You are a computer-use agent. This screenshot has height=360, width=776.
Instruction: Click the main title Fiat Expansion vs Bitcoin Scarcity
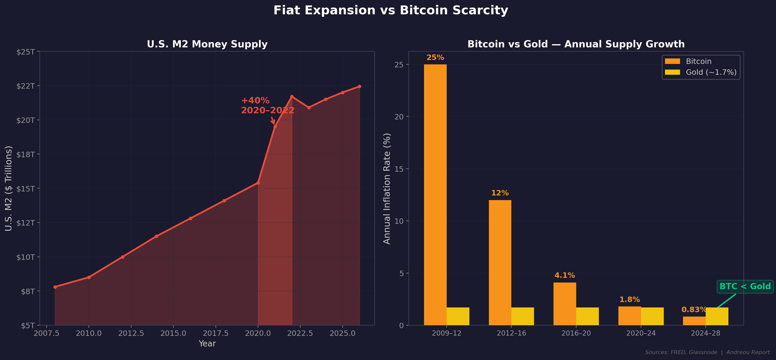(391, 11)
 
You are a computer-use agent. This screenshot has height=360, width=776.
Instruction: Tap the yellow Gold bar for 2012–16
(522, 316)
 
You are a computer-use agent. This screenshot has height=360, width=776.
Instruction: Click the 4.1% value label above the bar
(565, 275)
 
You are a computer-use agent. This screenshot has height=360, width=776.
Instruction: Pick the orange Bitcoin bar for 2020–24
(629, 316)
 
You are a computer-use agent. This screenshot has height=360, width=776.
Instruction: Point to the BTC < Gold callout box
(745, 286)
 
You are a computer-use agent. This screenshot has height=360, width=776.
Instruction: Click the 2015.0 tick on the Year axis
(173, 333)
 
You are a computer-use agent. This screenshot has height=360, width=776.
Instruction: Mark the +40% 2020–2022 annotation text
(267, 105)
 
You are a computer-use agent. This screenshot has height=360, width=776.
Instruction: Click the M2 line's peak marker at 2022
(292, 97)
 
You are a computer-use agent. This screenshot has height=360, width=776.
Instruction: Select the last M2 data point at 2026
(359, 86)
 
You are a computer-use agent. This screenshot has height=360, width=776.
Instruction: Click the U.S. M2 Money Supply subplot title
(207, 44)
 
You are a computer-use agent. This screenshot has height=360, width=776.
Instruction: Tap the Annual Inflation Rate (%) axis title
(387, 188)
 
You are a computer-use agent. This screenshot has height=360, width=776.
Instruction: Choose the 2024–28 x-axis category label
(705, 333)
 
